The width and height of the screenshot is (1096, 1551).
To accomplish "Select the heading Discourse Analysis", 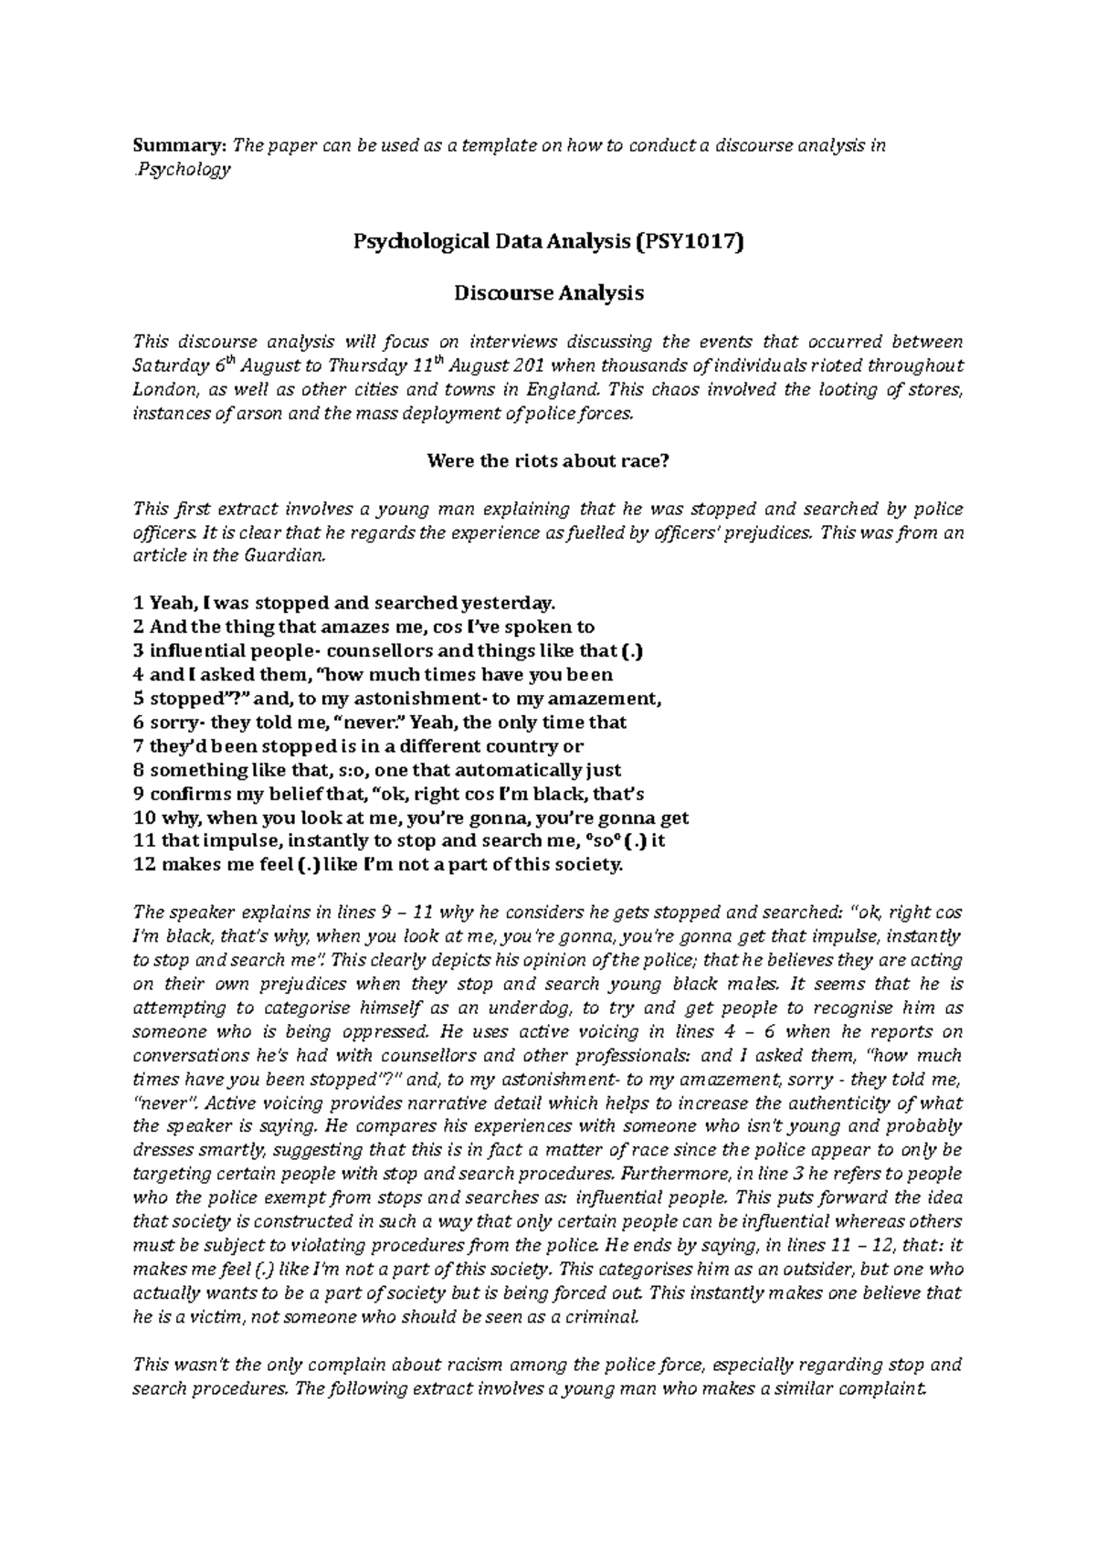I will click(x=548, y=293).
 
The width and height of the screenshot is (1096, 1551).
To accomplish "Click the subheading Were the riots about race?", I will click(x=548, y=461).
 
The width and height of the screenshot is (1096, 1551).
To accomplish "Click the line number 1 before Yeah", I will click(x=137, y=603).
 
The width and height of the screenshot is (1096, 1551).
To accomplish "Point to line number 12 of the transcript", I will click(x=143, y=864).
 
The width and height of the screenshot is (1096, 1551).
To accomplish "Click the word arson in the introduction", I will click(x=273, y=413).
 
